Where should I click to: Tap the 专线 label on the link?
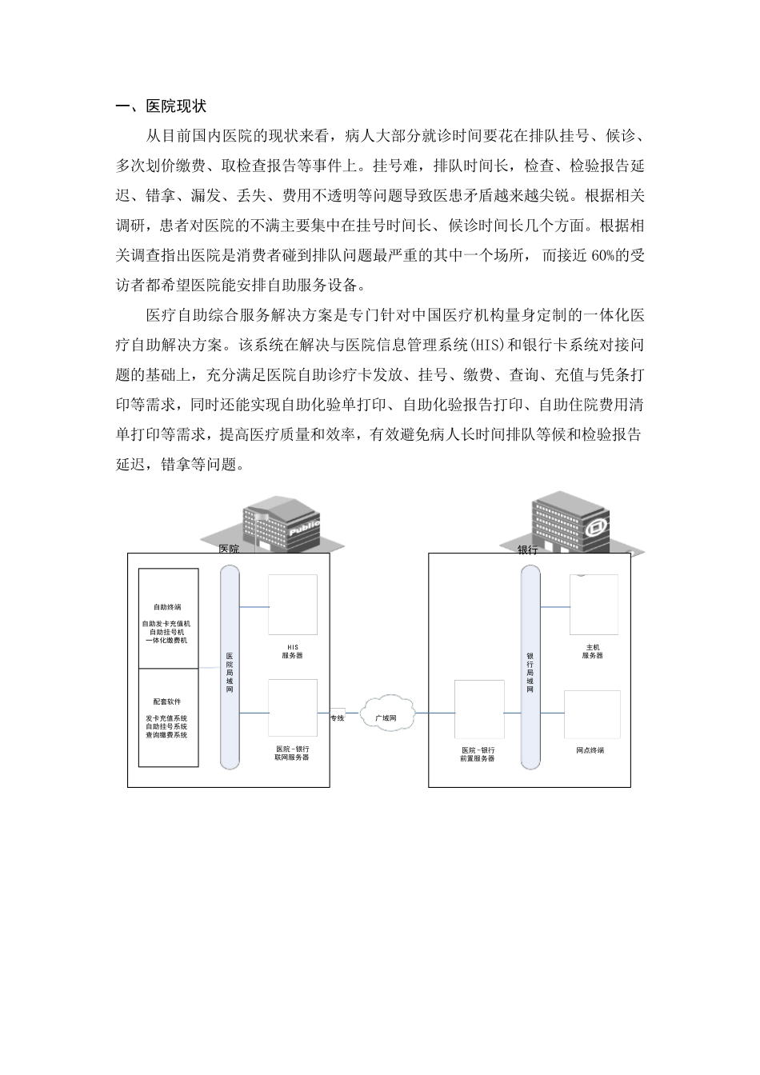(337, 717)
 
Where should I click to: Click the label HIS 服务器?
(292, 651)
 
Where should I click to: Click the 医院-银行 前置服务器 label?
(478, 753)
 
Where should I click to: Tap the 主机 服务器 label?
(592, 651)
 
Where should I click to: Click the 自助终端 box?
(168, 617)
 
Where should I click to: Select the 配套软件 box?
(168, 717)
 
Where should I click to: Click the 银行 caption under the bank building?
(527, 550)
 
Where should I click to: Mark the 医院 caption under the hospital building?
(229, 549)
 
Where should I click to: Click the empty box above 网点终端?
(592, 714)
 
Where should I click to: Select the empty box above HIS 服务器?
(292, 605)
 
